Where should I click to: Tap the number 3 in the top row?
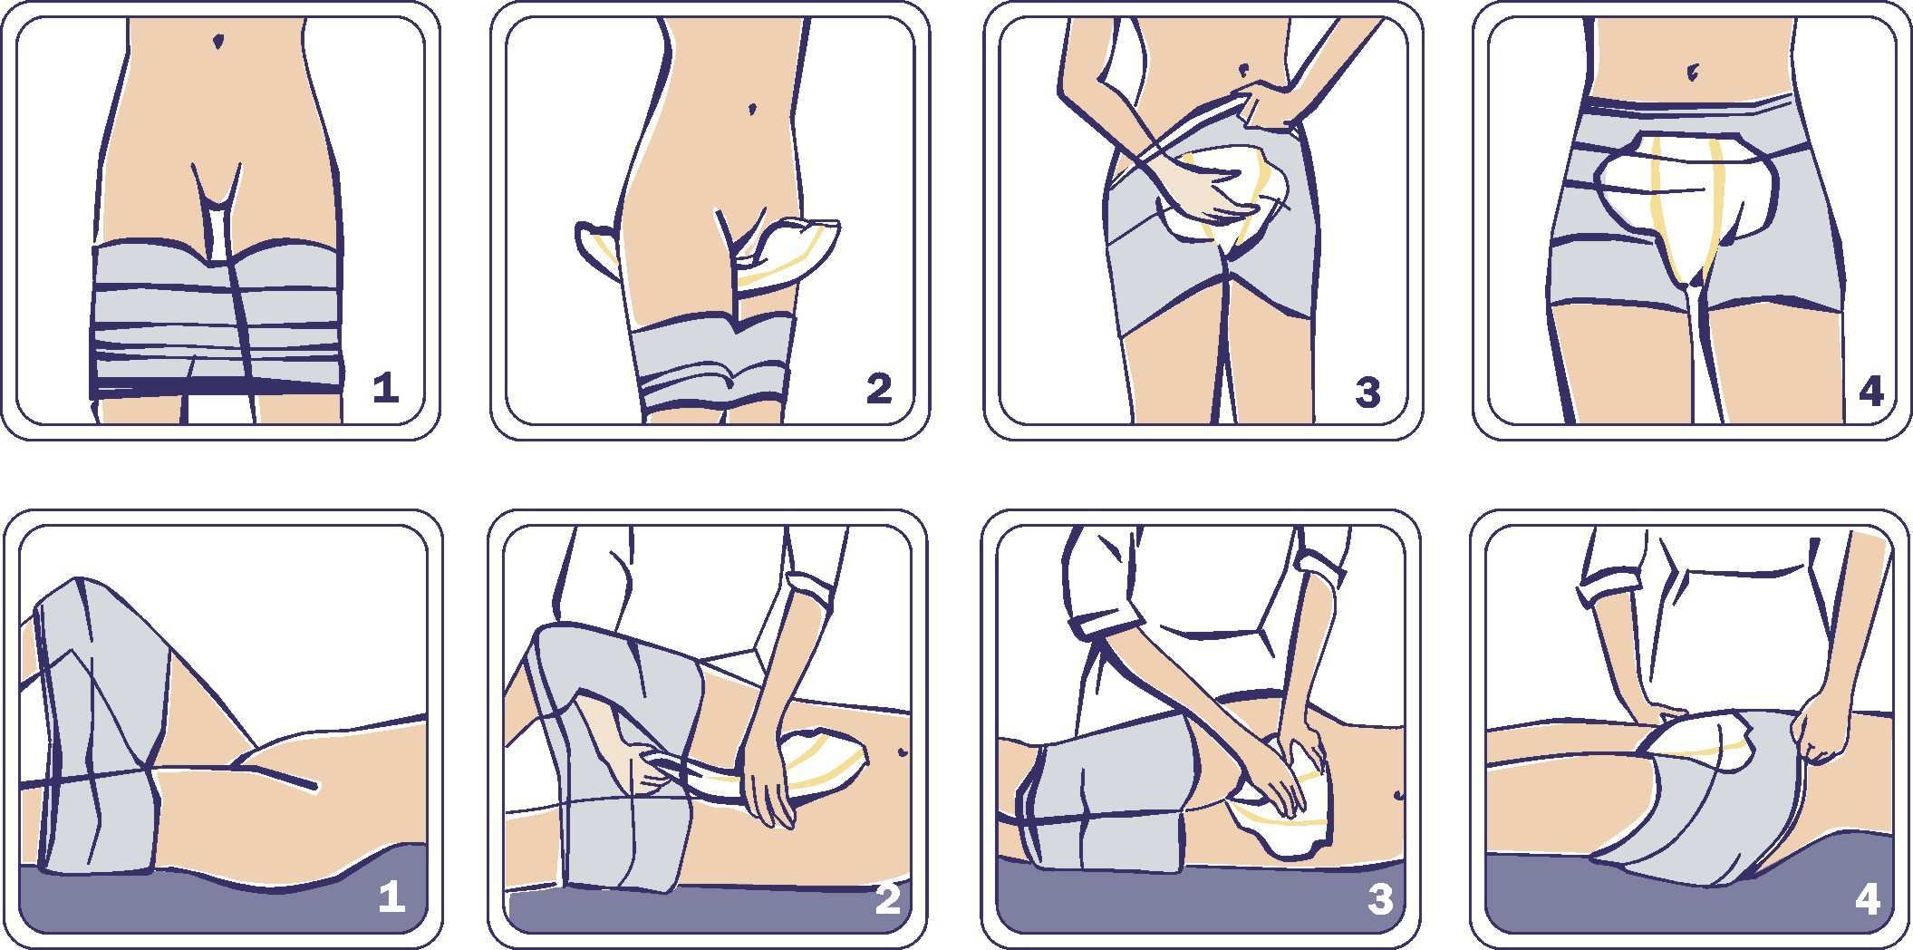[1367, 393]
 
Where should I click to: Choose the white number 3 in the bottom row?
[1379, 899]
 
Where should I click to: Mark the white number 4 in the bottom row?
[1868, 899]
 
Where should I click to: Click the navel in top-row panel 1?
[217, 41]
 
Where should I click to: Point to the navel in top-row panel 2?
[752, 109]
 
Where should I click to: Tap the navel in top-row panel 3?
[1247, 68]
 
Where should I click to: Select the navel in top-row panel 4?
[1692, 72]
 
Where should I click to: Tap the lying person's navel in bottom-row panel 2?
[902, 752]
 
